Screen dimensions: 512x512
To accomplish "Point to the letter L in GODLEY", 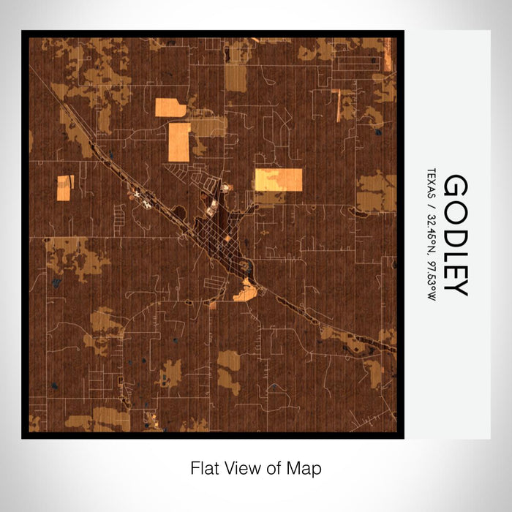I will [455, 249].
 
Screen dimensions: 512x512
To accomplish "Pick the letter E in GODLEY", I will [455, 267].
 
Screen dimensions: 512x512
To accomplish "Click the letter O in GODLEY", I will [455, 207].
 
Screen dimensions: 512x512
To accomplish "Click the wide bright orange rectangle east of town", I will [278, 179].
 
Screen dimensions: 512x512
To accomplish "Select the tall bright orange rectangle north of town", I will [179, 142].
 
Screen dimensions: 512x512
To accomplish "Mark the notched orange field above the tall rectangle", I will [170, 108].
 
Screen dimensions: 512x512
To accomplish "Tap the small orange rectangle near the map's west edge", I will [64, 187].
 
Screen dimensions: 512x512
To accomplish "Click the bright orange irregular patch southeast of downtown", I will [245, 293].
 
